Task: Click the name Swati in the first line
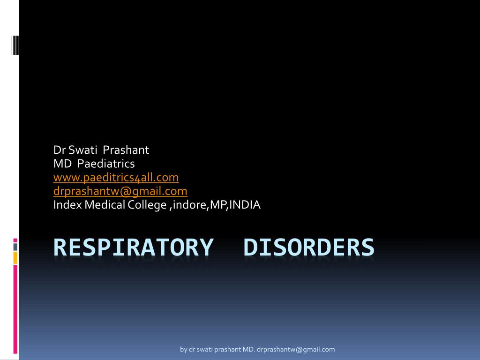[x=82, y=150]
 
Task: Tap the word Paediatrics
[x=106, y=164]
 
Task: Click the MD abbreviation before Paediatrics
[x=61, y=164]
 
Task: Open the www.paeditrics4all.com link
[x=116, y=178]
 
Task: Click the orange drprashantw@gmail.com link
[x=120, y=191]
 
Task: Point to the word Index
[x=67, y=205]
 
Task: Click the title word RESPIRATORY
[x=133, y=247]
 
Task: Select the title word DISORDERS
[x=309, y=247]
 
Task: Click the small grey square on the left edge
[x=15, y=247]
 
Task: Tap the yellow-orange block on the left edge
[x=15, y=257]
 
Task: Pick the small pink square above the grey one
[x=15, y=240]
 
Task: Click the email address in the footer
[x=296, y=349]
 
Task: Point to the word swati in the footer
[x=205, y=349]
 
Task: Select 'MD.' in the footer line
[x=248, y=349]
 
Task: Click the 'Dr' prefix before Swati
[x=59, y=150]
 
